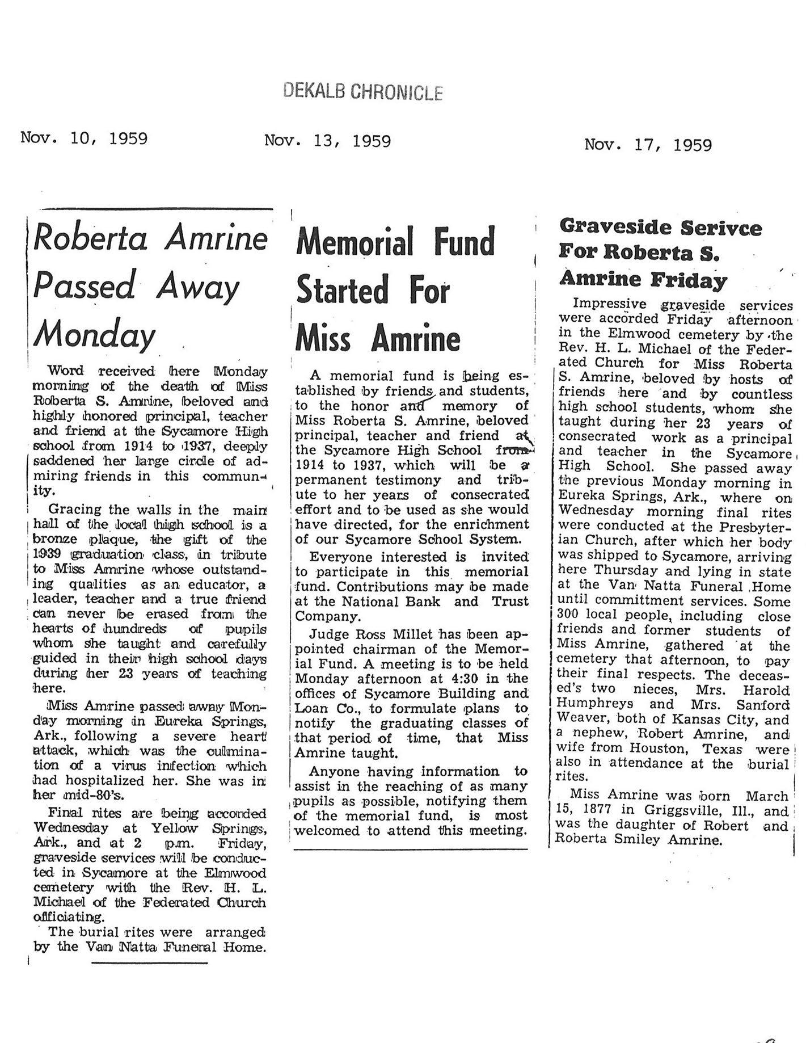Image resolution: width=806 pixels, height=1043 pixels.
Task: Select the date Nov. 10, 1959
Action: point(84,138)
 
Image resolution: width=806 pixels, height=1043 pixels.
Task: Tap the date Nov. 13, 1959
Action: point(327,140)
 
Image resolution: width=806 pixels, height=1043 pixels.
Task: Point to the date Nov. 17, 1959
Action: point(648,145)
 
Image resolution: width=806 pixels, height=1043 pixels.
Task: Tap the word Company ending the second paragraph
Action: point(327,616)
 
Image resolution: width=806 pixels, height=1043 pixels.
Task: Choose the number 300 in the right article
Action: point(567,616)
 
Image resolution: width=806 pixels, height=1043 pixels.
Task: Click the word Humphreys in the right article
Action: point(592,704)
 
